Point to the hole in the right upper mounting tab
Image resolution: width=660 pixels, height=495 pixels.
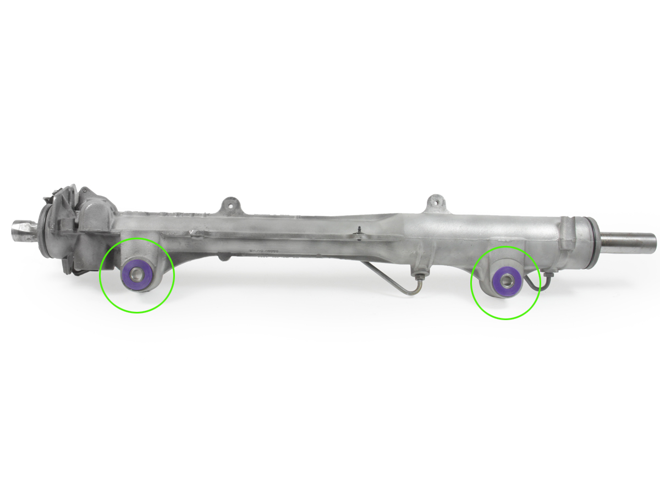[435, 201]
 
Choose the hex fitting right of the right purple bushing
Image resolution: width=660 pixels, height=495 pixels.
[548, 275]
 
